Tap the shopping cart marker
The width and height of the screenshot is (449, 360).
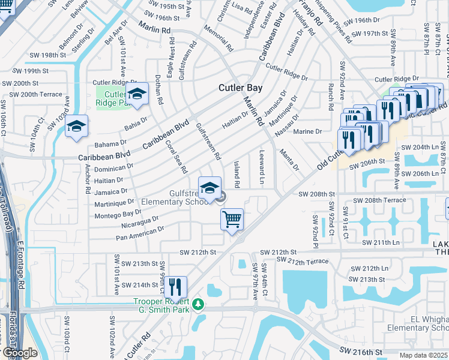point(232,219)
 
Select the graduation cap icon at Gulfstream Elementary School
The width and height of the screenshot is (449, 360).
point(209,188)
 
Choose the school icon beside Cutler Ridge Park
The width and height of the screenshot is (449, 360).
point(137,94)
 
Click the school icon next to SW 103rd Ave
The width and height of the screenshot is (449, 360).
point(76,126)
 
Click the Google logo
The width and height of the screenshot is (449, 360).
point(19,353)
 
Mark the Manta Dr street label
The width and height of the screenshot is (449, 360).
point(288,160)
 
